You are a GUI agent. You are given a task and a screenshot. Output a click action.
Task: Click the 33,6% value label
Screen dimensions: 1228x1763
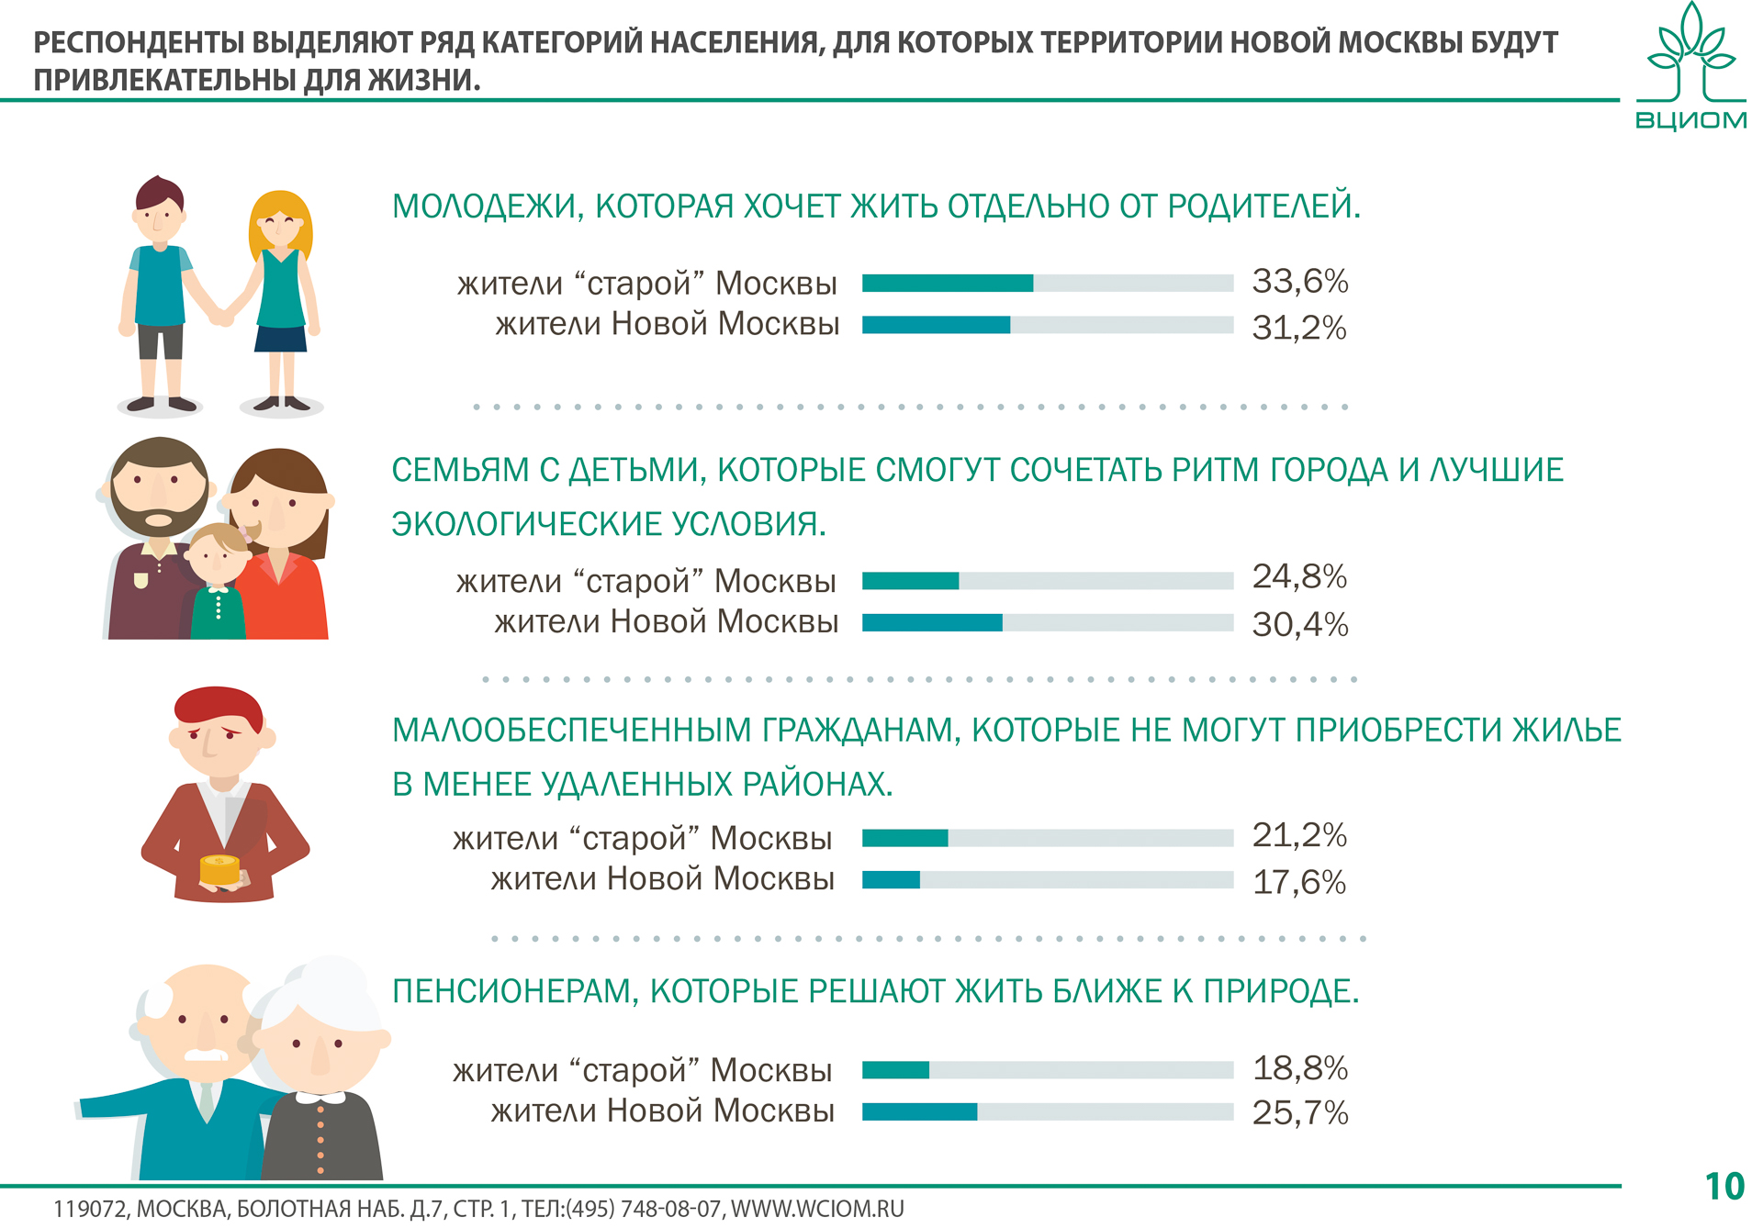tap(1299, 281)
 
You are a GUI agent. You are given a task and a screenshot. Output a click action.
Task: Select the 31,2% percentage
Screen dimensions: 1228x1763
tap(1298, 328)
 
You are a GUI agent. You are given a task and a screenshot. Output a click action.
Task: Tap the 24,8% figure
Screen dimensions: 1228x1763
tap(1298, 576)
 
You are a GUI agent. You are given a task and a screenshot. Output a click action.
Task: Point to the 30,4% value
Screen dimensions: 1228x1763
tap(1299, 625)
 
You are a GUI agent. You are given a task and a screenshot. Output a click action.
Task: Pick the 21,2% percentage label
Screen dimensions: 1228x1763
tap(1298, 835)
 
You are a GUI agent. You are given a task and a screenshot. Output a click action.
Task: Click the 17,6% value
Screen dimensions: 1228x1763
tap(1298, 883)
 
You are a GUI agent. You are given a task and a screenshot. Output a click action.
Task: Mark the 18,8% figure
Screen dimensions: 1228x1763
tap(1299, 1068)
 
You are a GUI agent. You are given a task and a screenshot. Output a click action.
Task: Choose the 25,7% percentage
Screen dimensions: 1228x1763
tap(1299, 1113)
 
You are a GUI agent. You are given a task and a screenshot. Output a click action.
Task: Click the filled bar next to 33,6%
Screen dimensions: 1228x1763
tap(948, 283)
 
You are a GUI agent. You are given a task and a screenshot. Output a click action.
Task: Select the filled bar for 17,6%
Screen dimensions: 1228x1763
tap(891, 880)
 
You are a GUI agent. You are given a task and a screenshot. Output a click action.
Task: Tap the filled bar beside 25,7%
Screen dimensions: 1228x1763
tap(919, 1112)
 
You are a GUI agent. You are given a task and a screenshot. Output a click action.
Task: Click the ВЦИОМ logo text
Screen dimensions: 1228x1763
tap(1690, 120)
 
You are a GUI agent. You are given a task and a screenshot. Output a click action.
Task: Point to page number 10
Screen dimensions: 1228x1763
tap(1724, 1187)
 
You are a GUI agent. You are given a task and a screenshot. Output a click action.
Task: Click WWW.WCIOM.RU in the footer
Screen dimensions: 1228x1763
tap(817, 1209)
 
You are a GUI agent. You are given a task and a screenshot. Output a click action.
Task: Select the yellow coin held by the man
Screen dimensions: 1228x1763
tap(219, 868)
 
